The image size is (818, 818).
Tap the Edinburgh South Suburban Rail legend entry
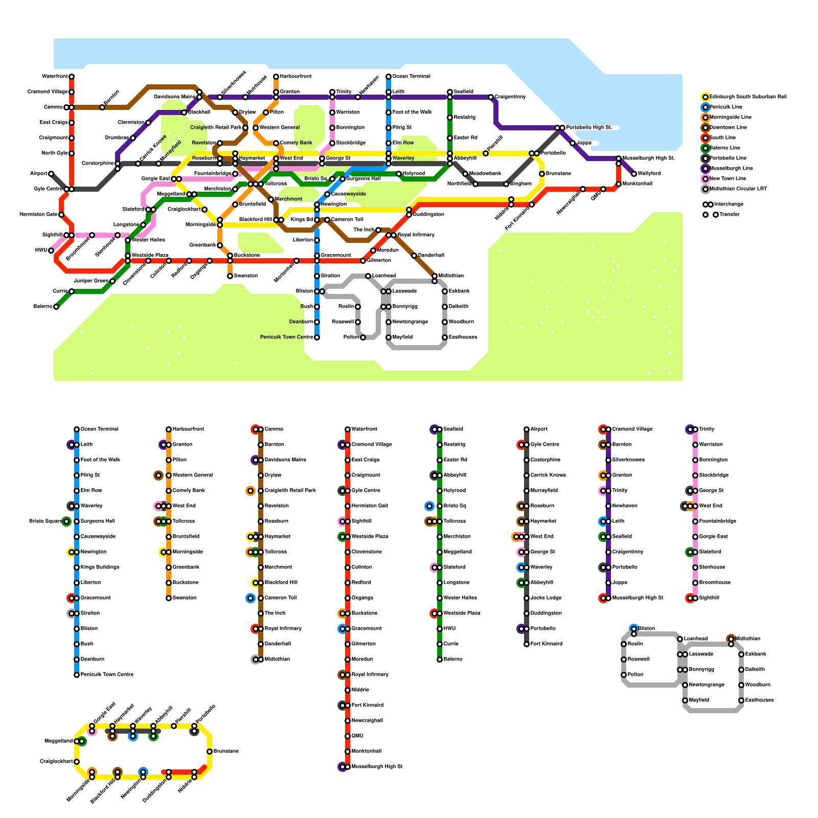click(748, 97)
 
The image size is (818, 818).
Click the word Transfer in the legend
click(729, 215)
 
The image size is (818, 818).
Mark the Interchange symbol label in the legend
click(729, 204)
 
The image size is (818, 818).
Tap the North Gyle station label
click(54, 153)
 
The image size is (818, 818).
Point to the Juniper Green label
click(91, 281)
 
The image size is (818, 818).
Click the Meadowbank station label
click(485, 174)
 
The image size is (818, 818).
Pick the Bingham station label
click(521, 184)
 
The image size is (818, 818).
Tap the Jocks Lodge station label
click(546, 598)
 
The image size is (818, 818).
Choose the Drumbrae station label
click(117, 138)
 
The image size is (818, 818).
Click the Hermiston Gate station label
click(38, 215)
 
